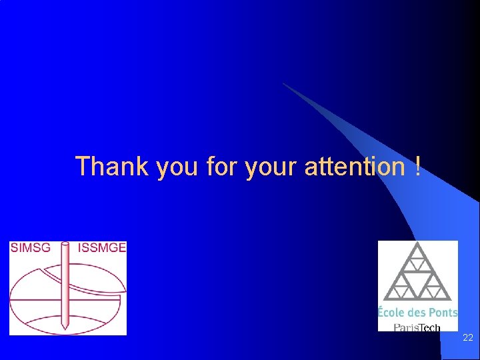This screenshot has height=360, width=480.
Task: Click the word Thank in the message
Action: (112, 166)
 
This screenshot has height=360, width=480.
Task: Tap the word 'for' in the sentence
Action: (221, 166)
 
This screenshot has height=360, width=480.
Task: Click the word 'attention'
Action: (353, 166)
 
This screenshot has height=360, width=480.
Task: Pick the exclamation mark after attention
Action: (417, 166)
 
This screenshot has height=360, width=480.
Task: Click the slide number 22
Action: (468, 338)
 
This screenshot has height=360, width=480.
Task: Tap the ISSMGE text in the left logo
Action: (101, 248)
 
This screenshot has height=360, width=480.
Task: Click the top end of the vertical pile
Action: (65, 244)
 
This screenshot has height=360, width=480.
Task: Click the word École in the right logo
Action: (392, 313)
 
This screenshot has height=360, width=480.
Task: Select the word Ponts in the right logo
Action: (443, 313)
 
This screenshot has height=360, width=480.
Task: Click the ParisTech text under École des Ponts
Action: (417, 327)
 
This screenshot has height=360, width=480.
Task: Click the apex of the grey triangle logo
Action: (418, 244)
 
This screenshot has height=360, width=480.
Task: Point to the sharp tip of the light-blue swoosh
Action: (283, 83)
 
